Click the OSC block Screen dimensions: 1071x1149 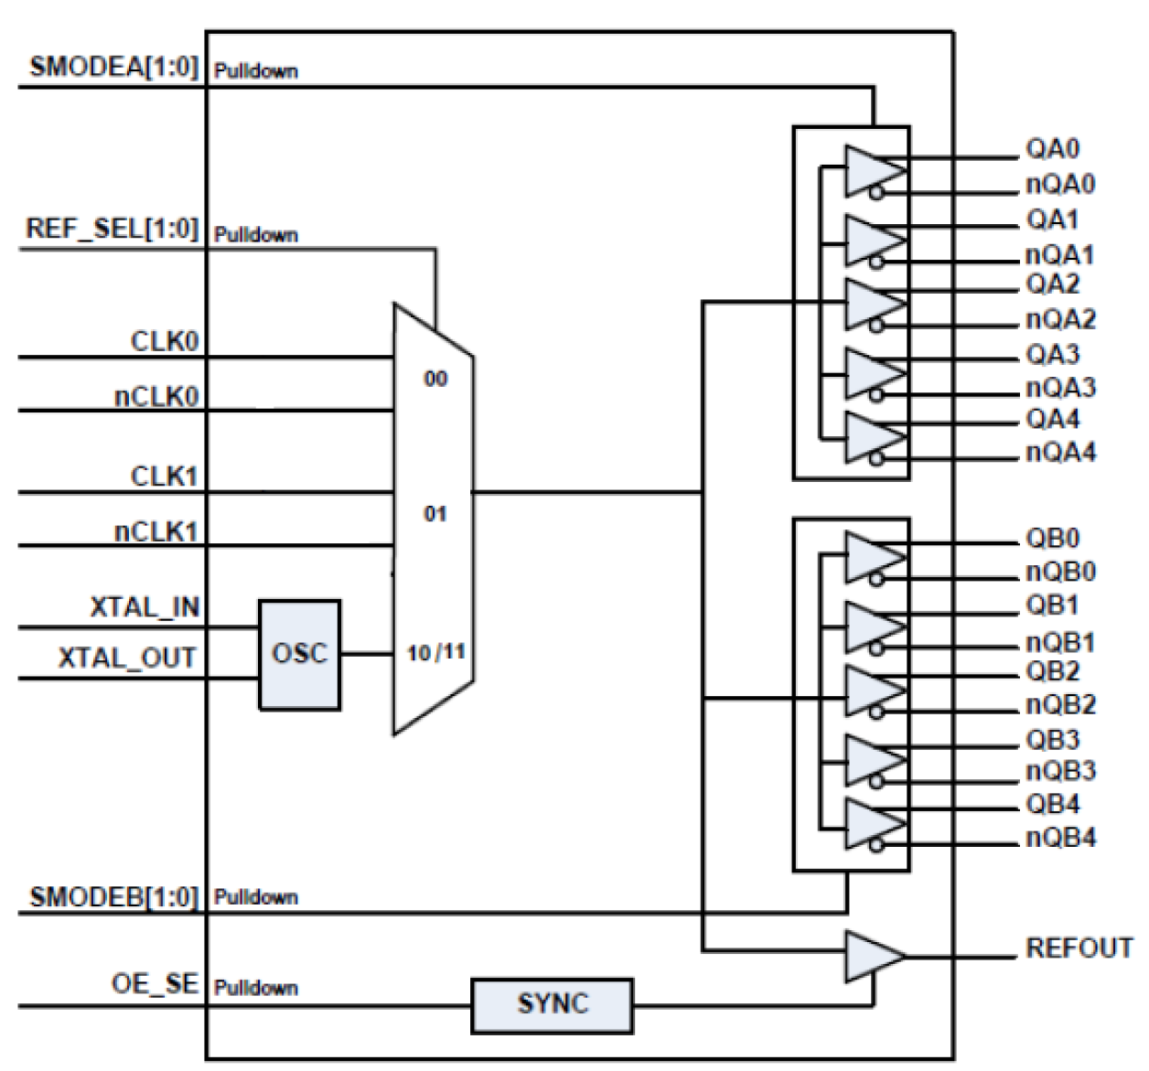point(299,654)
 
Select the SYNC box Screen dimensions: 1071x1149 point(551,1005)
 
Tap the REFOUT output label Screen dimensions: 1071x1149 point(1079,948)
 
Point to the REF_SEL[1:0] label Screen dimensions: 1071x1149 point(112,229)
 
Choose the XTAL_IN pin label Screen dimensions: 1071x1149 point(144,607)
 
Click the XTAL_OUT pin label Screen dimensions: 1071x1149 point(127,659)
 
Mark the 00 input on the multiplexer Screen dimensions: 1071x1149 point(435,379)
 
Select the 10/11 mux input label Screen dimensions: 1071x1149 point(435,653)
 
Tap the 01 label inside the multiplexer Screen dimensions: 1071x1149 point(435,514)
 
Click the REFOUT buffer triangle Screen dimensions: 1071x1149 point(870,957)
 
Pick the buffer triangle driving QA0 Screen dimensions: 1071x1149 point(870,170)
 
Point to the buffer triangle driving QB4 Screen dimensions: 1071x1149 point(870,824)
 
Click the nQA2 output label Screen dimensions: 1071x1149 point(1059,320)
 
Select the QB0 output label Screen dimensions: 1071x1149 point(1052,538)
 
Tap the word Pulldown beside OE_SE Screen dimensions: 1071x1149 point(256,989)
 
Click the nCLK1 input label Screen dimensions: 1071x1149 point(156,531)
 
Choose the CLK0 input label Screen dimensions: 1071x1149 point(164,342)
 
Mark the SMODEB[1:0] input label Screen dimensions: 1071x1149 point(113,896)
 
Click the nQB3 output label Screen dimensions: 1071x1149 point(1059,772)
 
